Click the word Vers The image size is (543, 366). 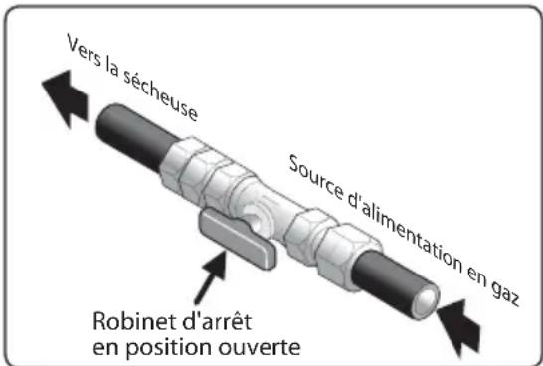[x=84, y=51]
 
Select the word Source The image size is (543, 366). [x=316, y=177]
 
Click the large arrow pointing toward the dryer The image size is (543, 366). [x=66, y=97]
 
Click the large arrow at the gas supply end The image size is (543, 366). [x=458, y=326]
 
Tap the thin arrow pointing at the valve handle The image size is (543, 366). [x=211, y=277]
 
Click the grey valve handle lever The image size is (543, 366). [x=239, y=239]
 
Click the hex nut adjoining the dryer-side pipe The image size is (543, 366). [x=185, y=165]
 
